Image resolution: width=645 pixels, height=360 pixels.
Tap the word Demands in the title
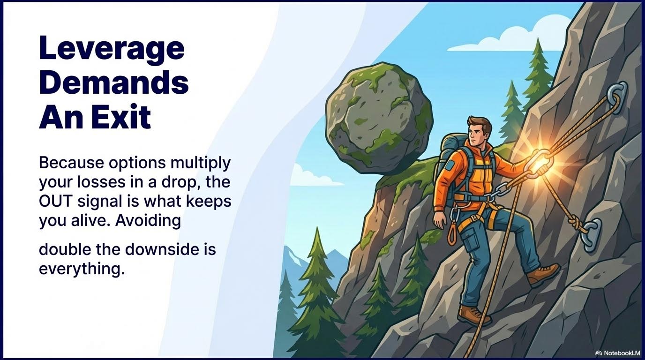114,83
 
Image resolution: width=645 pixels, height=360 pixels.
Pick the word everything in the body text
82,269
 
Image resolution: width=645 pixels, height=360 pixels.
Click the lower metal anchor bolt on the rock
590,233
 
